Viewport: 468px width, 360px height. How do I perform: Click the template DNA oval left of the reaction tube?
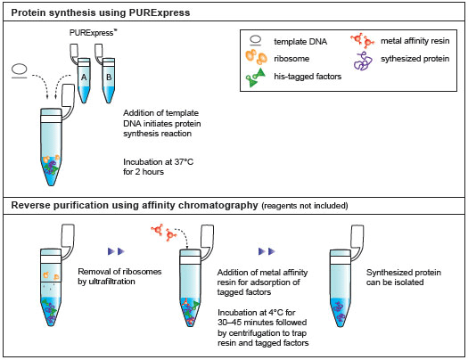tap(19, 70)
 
